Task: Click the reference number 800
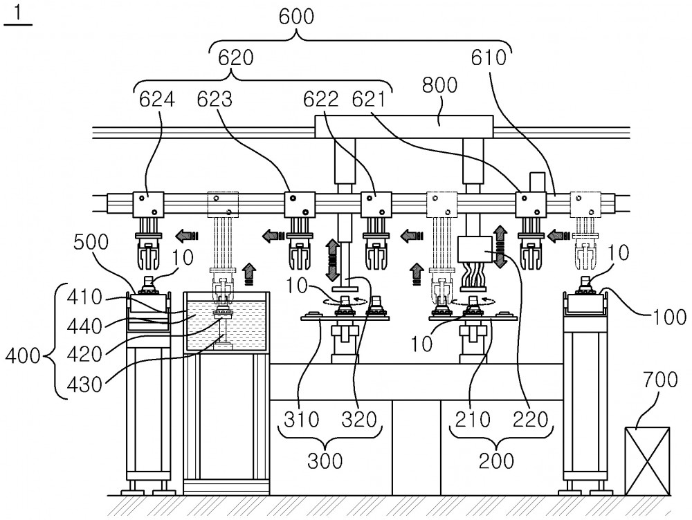point(439,85)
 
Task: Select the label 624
point(156,100)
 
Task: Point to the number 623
point(215,100)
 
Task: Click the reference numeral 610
point(489,58)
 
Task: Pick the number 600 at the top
point(297,17)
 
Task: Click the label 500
point(91,242)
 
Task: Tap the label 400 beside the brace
point(23,355)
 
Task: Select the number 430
point(84,385)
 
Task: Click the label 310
point(302,420)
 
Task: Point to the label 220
point(531,420)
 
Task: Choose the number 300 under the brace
point(325,461)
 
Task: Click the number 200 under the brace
point(496,461)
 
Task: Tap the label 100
point(669,317)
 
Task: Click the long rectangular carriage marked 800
point(404,126)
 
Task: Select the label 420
point(84,354)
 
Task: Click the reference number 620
point(236,58)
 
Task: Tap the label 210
point(473,420)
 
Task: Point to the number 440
point(84,327)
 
